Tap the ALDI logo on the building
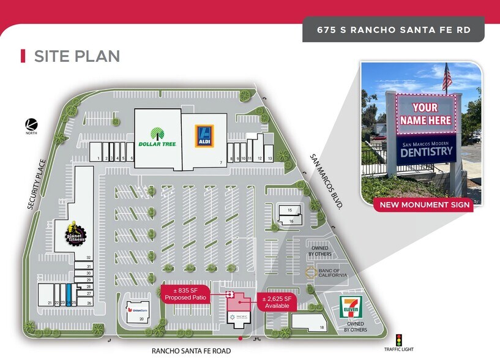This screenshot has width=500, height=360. pos(204,135)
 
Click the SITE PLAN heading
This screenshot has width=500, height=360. pos(76,56)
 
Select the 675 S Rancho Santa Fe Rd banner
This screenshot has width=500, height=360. pos(393,29)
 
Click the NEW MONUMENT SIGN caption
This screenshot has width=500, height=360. pos(424,204)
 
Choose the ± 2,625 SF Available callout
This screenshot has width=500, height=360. pos(278,302)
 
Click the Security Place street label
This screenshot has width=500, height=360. pos(37,185)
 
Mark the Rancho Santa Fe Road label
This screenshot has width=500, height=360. pos(192,351)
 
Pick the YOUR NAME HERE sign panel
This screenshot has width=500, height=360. pos(424,113)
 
